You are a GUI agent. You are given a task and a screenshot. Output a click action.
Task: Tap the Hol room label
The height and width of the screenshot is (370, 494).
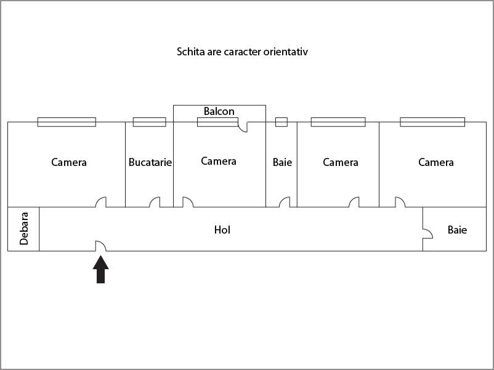tap(222, 230)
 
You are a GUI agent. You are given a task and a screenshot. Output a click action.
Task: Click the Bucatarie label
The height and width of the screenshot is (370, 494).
tap(150, 162)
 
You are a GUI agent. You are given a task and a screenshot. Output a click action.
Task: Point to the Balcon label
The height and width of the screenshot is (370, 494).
tap(219, 111)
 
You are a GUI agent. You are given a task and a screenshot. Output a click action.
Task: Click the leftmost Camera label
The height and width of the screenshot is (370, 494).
tap(69, 162)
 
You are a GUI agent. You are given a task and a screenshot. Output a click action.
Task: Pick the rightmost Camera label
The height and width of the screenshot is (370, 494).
tap(435, 162)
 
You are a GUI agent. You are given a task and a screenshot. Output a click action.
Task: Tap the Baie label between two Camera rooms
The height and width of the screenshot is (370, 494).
tap(282, 162)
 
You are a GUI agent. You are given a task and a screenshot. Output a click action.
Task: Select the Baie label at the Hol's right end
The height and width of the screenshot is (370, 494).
tap(457, 230)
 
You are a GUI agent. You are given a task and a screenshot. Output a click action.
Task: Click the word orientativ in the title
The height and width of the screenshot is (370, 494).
tap(286, 52)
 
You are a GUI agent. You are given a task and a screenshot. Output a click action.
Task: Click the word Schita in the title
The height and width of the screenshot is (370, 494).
tap(190, 52)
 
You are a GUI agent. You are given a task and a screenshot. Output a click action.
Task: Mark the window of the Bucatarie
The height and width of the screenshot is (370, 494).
tap(149, 122)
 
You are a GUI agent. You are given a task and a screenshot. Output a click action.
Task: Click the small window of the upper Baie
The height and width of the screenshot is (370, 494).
tap(281, 122)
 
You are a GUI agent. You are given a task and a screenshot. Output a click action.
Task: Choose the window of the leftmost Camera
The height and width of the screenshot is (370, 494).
tap(67, 122)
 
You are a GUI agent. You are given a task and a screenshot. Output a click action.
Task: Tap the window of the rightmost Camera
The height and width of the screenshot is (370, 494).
tap(432, 122)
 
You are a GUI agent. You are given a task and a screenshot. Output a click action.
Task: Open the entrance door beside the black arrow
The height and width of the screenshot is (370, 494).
tap(100, 246)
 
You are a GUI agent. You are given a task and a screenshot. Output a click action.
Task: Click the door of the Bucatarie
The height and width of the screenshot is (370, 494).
tap(155, 202)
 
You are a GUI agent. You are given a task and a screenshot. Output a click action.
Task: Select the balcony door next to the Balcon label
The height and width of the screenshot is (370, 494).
tap(242, 127)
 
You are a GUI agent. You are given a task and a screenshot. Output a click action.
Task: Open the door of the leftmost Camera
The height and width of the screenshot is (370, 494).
tap(101, 202)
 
